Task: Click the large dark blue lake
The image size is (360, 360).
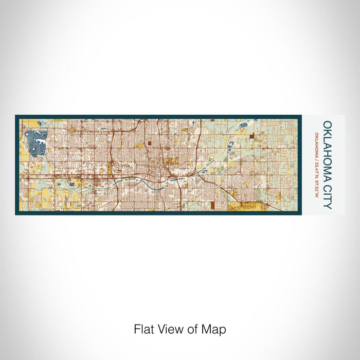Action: coord(34,142)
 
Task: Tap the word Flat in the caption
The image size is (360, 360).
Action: coord(142,329)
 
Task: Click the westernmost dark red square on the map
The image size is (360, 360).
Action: coord(149,145)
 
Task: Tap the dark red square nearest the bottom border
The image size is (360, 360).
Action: coord(212,206)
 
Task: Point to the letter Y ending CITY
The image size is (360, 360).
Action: coord(327,205)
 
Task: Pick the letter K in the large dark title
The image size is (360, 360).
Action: coord(327,132)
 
